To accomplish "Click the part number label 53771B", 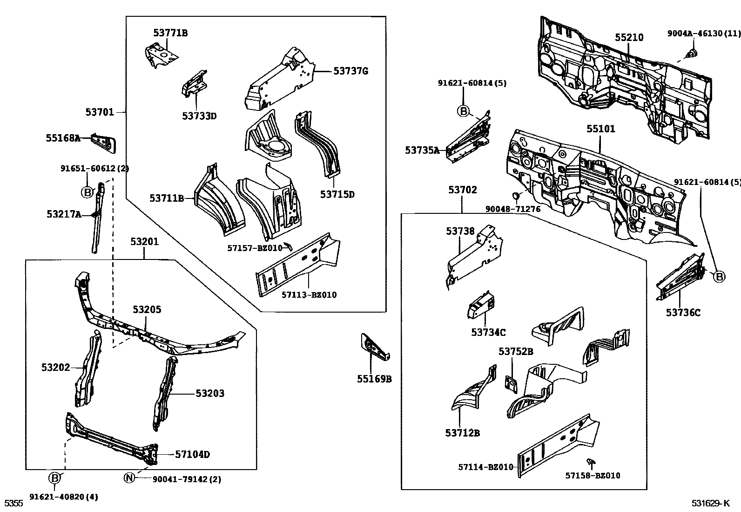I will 170,33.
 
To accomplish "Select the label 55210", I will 629,38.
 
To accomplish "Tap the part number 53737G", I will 350,71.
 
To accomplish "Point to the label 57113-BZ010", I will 309,295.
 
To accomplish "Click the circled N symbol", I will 129,478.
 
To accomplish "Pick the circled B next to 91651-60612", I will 87,191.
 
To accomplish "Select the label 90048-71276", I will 512,209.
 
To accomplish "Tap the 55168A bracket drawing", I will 104,142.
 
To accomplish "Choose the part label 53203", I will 209,394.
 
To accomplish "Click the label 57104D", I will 192,454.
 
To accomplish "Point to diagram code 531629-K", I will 710,503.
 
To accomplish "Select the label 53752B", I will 516,352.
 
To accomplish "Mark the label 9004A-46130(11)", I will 703,34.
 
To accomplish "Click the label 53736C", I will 683,313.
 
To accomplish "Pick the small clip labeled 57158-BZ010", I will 591,462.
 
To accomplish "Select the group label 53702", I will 462,190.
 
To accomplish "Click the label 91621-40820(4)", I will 64,497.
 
